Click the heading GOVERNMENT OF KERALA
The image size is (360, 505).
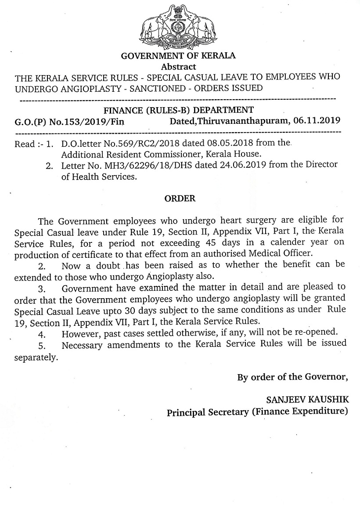[178, 56]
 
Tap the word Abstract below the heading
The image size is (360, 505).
[178, 67]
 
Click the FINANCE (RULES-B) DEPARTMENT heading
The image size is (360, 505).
[178, 110]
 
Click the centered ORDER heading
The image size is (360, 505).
[180, 198]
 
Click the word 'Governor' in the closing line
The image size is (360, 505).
[327, 377]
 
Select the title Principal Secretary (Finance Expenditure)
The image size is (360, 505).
[257, 412]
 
